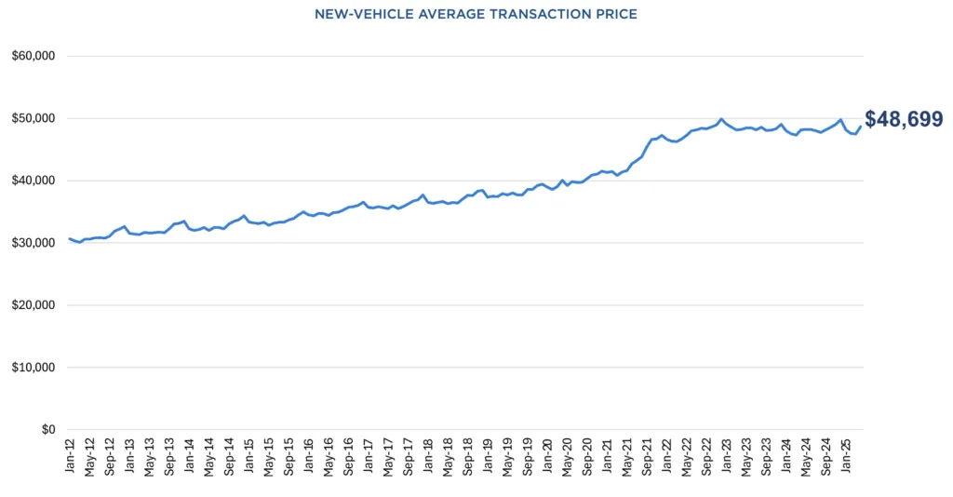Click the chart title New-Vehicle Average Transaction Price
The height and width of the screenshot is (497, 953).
point(476,14)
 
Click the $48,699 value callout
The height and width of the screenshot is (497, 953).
point(904,119)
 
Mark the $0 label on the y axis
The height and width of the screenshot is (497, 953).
point(46,430)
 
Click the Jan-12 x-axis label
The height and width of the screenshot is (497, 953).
point(70,457)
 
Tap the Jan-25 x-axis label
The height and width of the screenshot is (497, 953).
point(845,457)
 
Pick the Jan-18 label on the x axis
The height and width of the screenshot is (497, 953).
point(427,457)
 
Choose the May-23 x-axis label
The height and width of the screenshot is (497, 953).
point(745,457)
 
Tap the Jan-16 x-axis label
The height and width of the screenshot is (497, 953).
point(308,457)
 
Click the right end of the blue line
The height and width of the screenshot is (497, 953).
point(860,127)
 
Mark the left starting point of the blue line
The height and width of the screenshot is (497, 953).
point(69,238)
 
